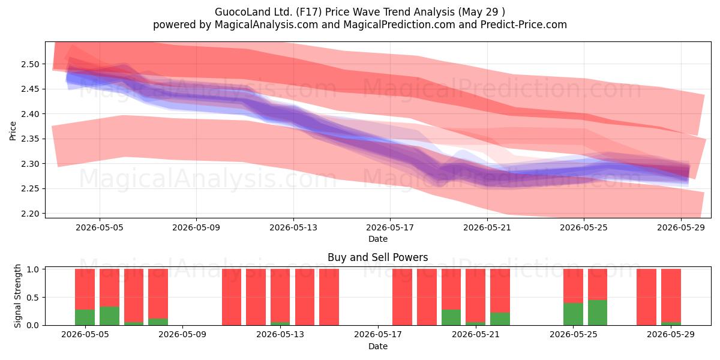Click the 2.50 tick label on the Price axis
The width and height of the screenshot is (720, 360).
tap(30, 64)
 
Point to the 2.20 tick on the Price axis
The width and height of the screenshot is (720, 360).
tap(30, 214)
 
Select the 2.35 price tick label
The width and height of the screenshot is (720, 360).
tap(30, 139)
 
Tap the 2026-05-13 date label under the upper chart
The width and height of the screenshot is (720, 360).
tap(293, 227)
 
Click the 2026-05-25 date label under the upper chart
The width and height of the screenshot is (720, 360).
tap(584, 227)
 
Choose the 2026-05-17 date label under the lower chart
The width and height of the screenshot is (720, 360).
tap(378, 335)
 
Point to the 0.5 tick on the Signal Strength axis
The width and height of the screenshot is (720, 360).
tap(32, 298)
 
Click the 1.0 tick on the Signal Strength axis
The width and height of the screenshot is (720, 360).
tap(32, 269)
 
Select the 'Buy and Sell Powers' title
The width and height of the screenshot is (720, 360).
tap(377, 257)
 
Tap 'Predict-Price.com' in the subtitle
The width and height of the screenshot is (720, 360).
tap(524, 25)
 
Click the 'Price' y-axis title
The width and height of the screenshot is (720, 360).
tap(13, 131)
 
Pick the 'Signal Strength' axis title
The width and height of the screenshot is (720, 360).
tap(17, 296)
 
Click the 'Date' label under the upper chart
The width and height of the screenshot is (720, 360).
tap(378, 239)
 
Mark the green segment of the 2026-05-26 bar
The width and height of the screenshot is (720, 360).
tap(598, 313)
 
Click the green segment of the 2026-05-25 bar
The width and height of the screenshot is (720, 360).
tap(573, 314)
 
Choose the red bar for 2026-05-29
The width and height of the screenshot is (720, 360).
tap(671, 295)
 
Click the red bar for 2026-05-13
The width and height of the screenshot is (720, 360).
tap(280, 295)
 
